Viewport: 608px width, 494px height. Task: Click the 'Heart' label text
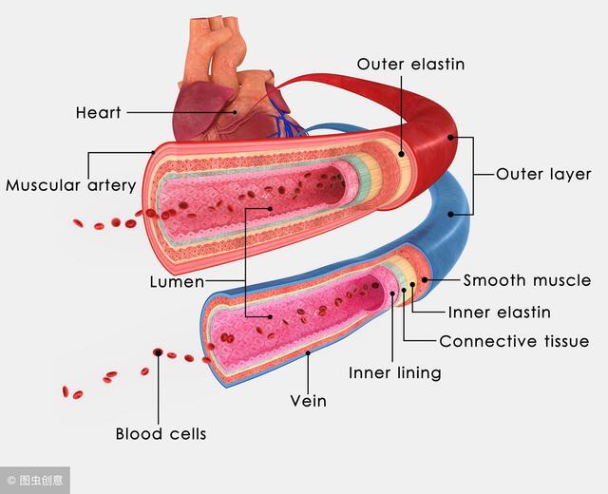[98, 112]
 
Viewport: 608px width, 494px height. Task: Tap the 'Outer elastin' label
[410, 64]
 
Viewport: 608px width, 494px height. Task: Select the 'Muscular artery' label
[70, 185]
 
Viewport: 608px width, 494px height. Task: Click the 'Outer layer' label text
[543, 174]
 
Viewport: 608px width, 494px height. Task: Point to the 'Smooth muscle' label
[527, 280]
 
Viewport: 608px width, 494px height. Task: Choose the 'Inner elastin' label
[499, 313]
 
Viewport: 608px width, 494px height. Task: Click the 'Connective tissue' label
[514, 341]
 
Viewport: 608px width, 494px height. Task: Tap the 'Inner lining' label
[395, 373]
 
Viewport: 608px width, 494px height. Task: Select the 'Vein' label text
[308, 401]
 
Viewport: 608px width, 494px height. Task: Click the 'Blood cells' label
[161, 433]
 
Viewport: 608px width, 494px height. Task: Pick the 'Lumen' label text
[177, 282]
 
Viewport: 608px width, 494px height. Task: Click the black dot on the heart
[235, 112]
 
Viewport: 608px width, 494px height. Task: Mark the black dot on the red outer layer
[450, 137]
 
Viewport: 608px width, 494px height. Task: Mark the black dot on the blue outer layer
[450, 214]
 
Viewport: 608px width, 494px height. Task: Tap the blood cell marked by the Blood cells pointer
[158, 352]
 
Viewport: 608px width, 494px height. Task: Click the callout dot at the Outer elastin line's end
[401, 154]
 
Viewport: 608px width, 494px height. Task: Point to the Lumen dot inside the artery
[270, 209]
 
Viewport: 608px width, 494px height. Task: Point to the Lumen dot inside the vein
[270, 316]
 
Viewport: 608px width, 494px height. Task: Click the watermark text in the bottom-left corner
[35, 481]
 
